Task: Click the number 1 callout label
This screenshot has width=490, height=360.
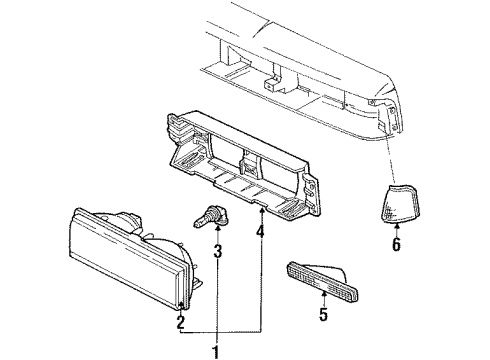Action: pyautogui.click(x=214, y=350)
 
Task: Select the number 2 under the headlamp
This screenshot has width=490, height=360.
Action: pyautogui.click(x=180, y=321)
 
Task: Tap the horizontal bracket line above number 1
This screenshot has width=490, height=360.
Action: pyautogui.click(x=220, y=331)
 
